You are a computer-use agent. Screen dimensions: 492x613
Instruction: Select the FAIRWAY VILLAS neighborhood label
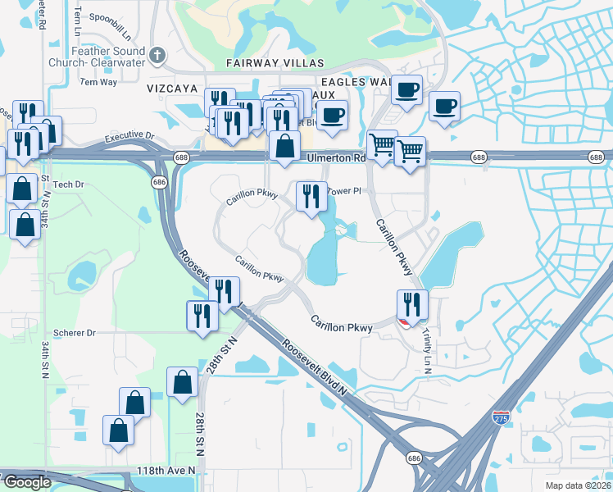(x=276, y=63)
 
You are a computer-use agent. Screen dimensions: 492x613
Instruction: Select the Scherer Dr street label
(x=75, y=333)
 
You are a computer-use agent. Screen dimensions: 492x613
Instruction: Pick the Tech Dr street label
(x=69, y=184)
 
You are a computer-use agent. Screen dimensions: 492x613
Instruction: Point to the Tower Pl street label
(x=344, y=191)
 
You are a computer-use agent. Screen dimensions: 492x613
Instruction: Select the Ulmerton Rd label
(x=336, y=158)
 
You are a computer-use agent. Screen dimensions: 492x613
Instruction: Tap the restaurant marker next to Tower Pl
(x=310, y=197)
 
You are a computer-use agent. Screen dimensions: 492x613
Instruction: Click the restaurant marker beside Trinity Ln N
(x=412, y=305)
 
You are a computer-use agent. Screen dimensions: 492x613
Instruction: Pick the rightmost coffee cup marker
(x=444, y=107)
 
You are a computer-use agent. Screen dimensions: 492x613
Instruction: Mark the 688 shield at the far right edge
(x=602, y=157)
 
